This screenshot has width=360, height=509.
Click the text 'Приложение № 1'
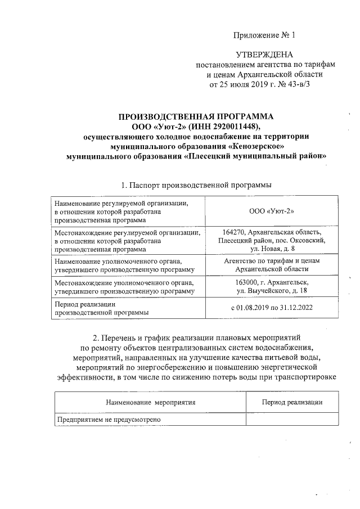pyautogui.click(x=264, y=35)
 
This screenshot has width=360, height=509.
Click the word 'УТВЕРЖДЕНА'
pyautogui.click(x=264, y=55)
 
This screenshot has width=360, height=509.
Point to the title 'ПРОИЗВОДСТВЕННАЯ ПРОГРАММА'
pyautogui.click(x=196, y=116)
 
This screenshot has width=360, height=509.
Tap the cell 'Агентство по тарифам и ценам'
pyautogui.click(x=272, y=262)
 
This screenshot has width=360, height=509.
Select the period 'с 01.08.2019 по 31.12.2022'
pyautogui.click(x=272, y=308)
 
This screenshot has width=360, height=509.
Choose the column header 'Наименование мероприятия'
pyautogui.click(x=150, y=403)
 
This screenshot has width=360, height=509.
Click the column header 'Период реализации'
pyautogui.click(x=292, y=403)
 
